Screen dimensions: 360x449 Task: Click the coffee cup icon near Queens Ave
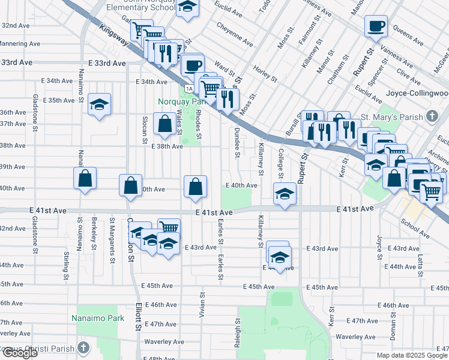[x=376, y=26]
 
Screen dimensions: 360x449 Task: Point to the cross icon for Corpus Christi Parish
[x=84, y=348]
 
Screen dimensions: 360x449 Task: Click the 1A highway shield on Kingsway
[x=189, y=88]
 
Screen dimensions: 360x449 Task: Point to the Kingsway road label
[x=115, y=37]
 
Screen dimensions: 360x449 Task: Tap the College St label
[x=280, y=163]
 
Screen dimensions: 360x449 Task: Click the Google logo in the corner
[x=20, y=353]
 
